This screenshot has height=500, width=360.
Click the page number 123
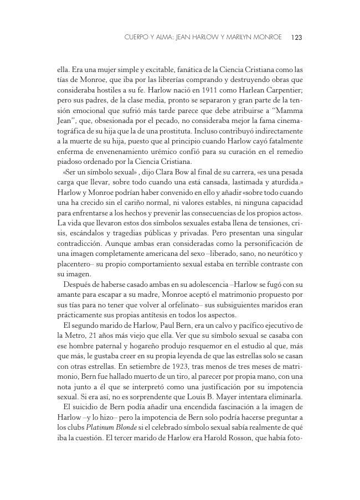tap(296, 38)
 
